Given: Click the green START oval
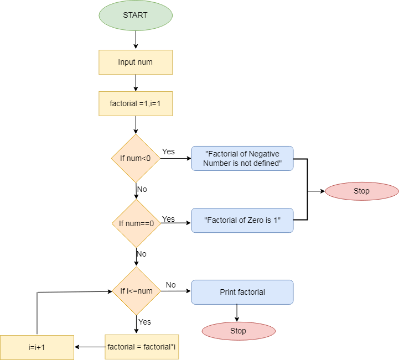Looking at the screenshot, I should coord(136,15).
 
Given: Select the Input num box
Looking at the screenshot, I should coord(136,62).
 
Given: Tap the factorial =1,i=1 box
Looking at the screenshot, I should coord(136,103).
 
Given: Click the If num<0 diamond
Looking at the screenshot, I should coord(136,158).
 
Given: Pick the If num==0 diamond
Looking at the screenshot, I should coord(136,223).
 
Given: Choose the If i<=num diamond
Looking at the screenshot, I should coord(136,291).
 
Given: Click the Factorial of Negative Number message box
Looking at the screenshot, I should coord(242,158).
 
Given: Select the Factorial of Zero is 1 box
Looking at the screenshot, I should coord(242,220).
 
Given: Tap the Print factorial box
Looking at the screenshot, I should coord(242,292).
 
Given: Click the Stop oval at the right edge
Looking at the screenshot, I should coord(361,191).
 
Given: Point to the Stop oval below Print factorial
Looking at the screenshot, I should coord(239,331).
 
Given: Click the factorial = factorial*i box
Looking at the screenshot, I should coord(142,347).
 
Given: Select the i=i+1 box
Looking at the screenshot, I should coord(37,347).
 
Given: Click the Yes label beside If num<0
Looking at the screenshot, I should coord(168,152).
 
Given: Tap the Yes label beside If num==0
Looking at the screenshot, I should coord(168,219).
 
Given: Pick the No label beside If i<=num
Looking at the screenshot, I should coord(170,285).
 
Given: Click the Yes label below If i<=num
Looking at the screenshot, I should coord(145,322).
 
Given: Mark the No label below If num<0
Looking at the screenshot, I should coord(142,189).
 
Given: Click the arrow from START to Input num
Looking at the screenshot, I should coord(136,40).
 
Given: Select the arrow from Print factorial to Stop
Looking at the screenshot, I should coord(237,313).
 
